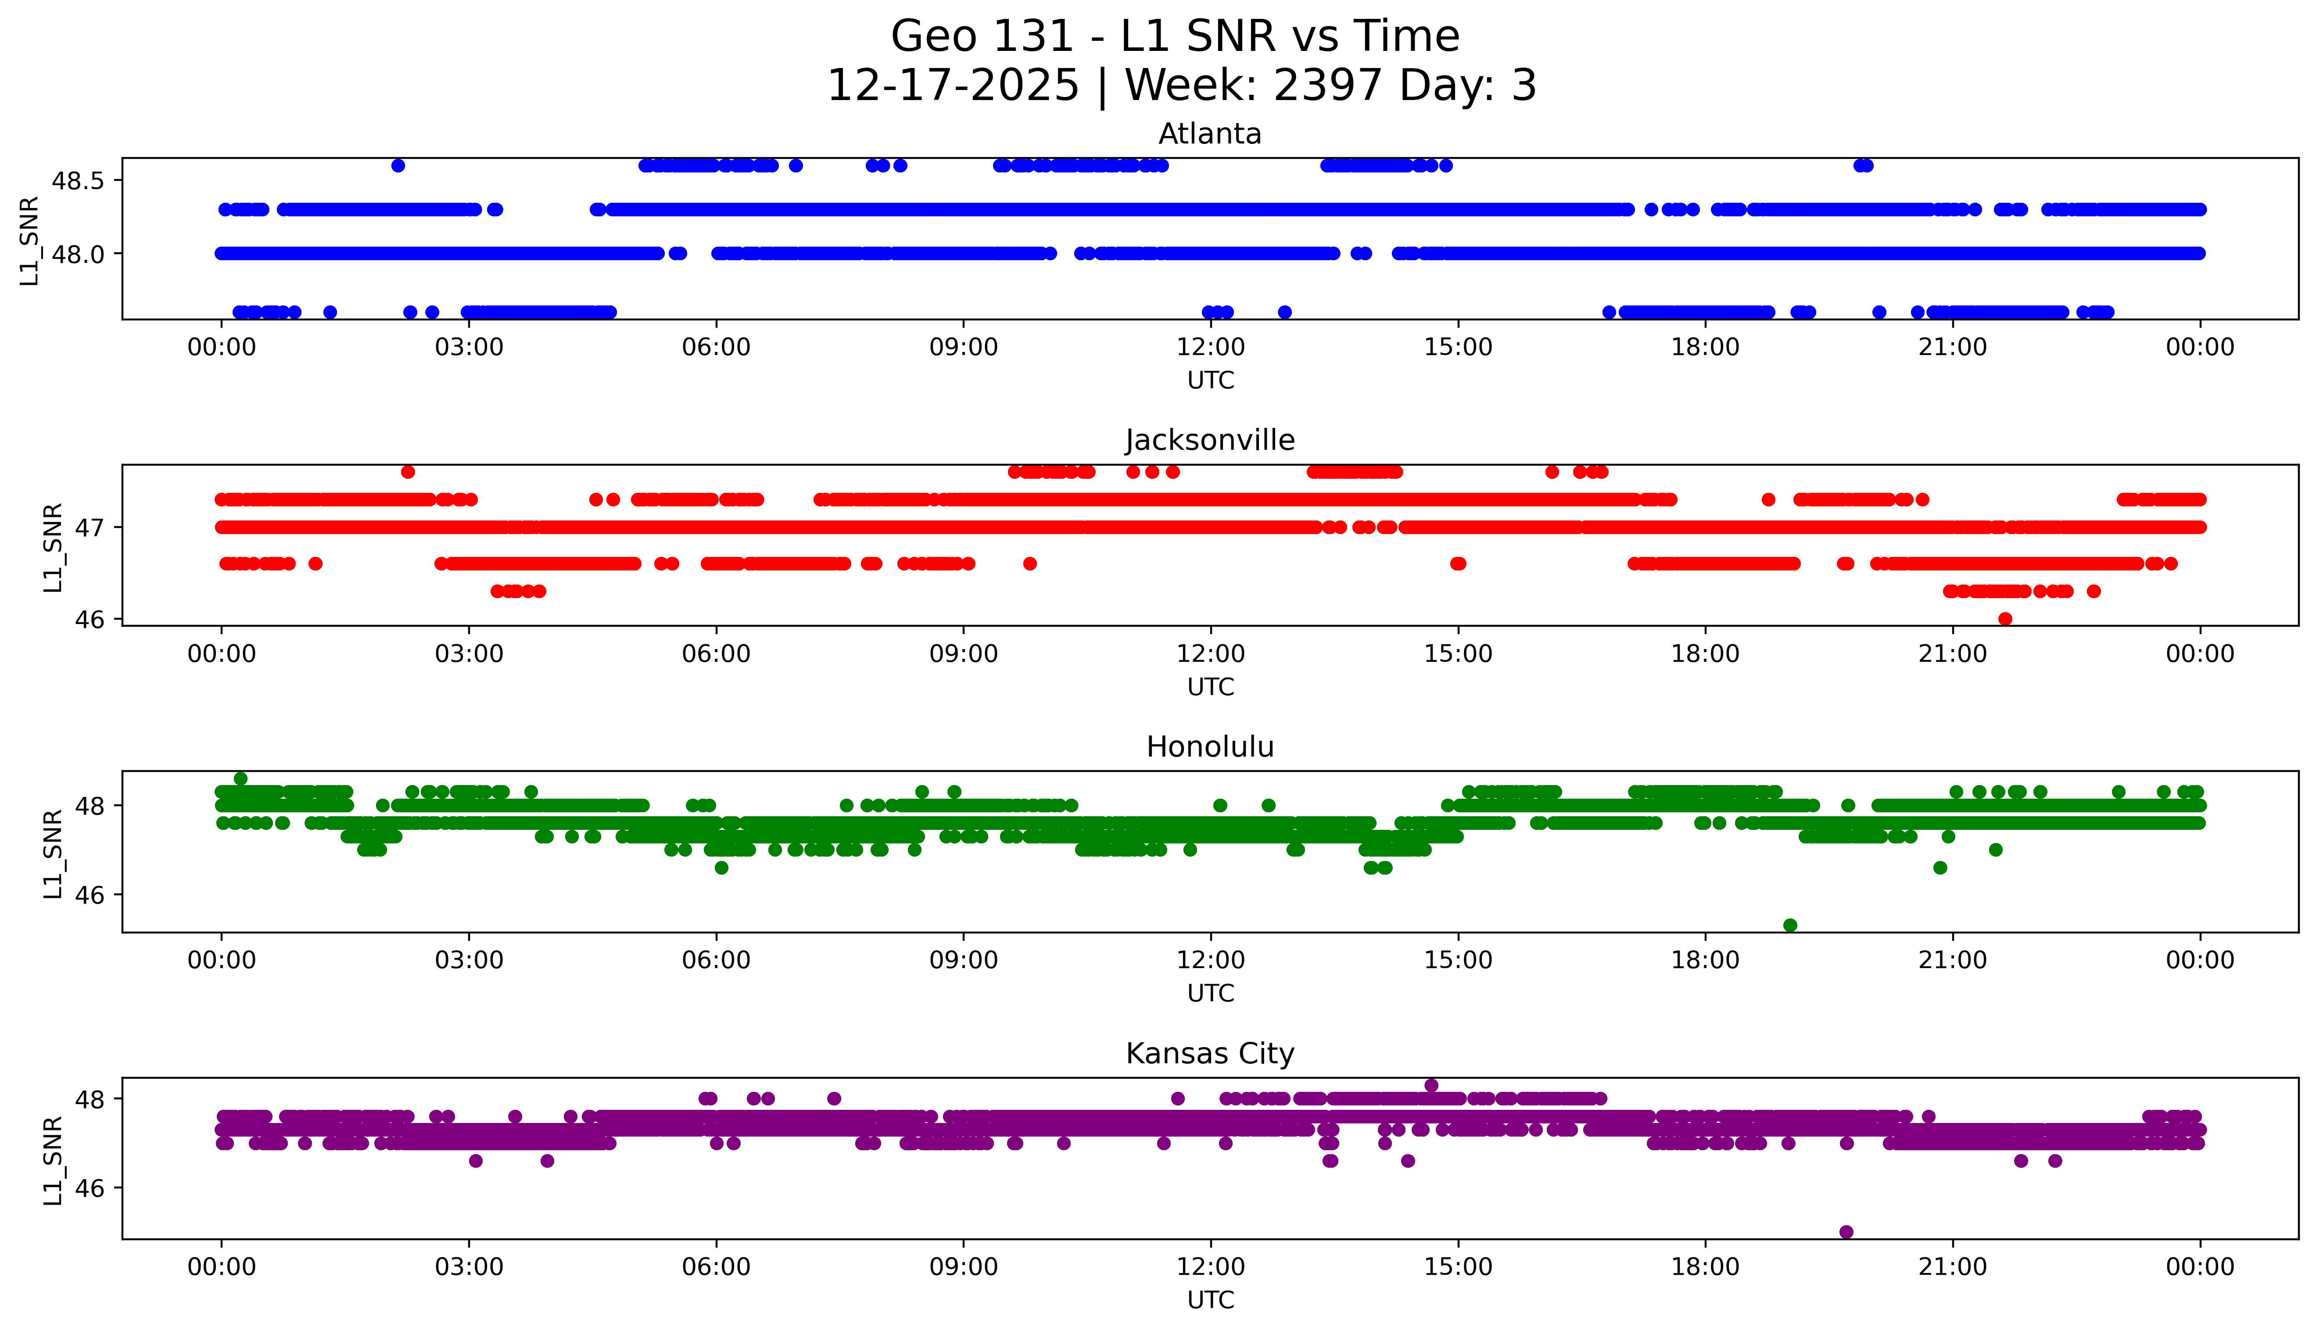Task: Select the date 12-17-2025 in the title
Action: tap(952, 86)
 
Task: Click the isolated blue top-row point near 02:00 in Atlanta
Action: tap(398, 165)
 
